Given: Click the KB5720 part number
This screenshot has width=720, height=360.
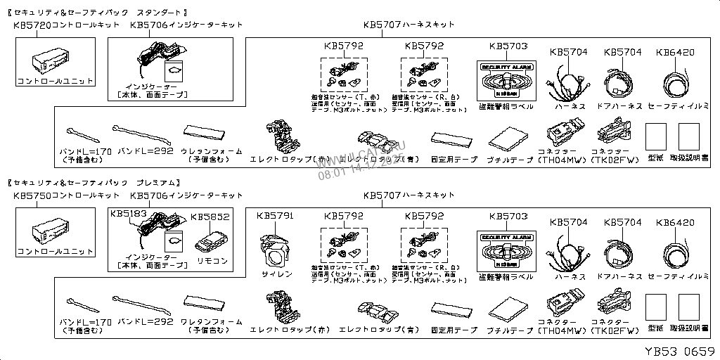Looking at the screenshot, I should [x=32, y=25].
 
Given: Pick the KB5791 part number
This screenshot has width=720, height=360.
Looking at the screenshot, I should [x=276, y=215].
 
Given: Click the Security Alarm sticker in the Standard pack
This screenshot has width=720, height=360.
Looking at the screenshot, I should [x=506, y=79].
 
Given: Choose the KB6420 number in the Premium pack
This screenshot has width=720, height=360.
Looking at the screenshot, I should [x=674, y=223].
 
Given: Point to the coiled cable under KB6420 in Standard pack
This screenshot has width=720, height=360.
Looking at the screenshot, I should [x=674, y=83].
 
